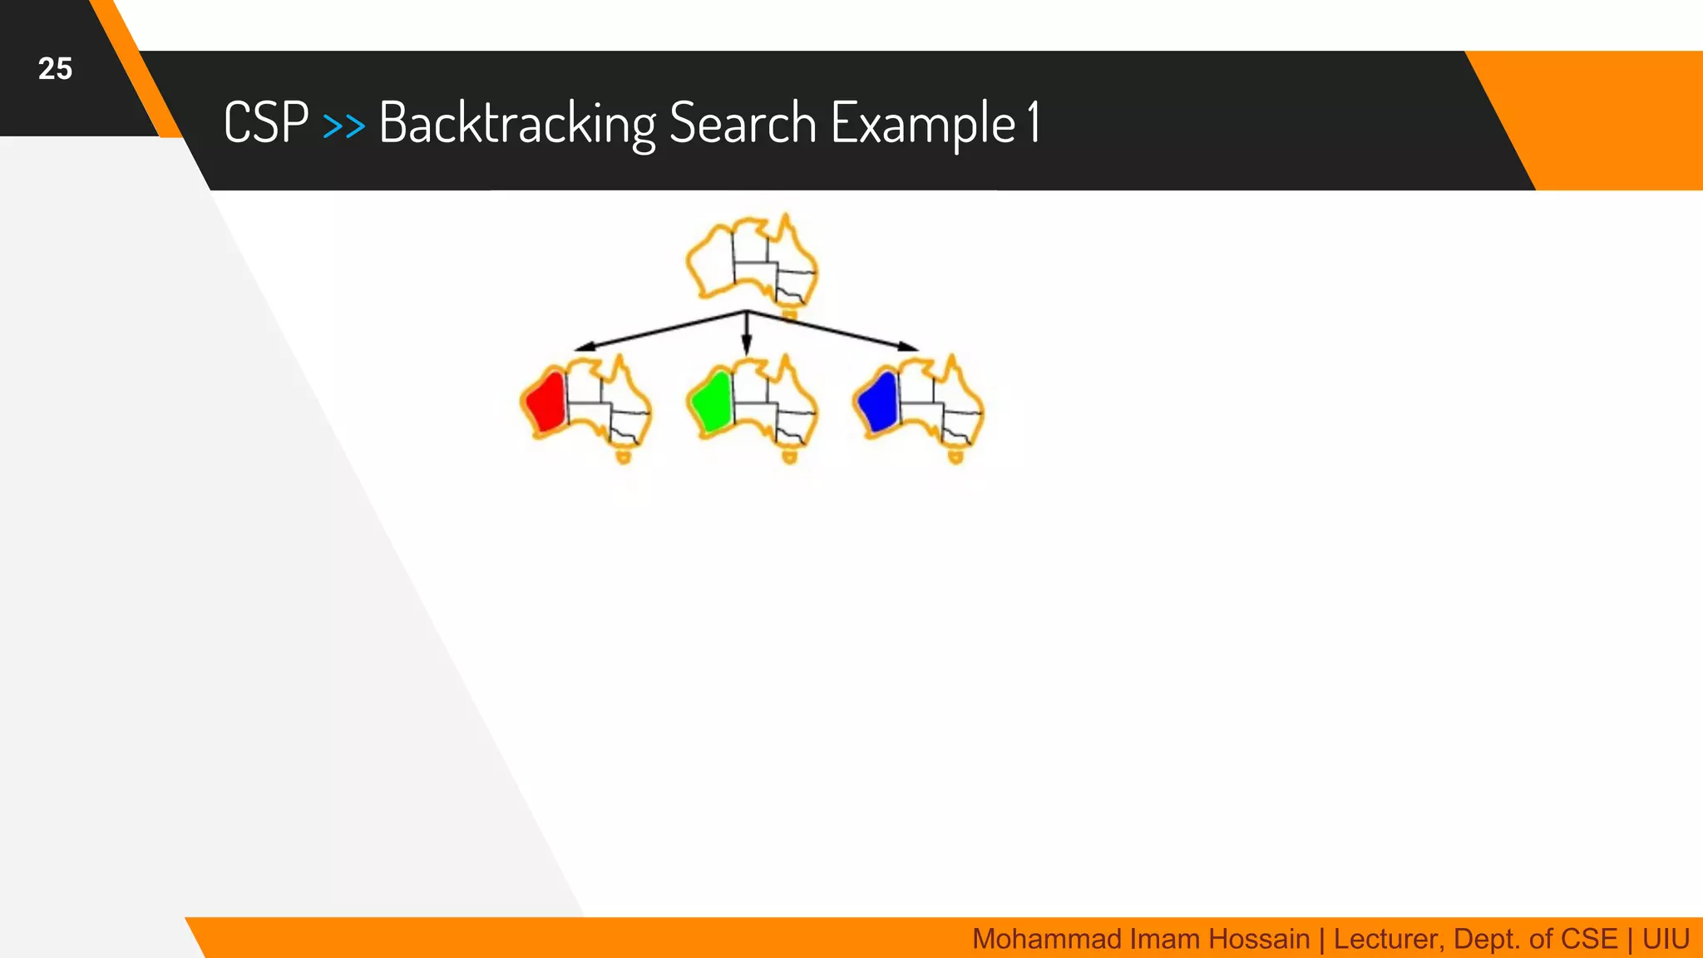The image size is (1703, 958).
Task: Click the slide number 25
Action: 55,68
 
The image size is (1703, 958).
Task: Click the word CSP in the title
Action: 266,123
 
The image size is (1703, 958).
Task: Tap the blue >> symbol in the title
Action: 343,126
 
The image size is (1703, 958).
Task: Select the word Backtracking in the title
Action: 517,123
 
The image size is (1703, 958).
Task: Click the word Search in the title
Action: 743,123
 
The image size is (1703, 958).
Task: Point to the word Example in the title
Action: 923,123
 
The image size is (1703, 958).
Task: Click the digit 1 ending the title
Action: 1033,121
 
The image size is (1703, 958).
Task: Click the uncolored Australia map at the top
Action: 751,260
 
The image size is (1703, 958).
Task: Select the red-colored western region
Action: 546,402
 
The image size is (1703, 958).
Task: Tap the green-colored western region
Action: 713,402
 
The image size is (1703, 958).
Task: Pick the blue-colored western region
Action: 879,402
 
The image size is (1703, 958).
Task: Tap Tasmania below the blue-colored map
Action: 956,456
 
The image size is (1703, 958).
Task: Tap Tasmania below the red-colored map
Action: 624,456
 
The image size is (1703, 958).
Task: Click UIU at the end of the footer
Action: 1666,939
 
